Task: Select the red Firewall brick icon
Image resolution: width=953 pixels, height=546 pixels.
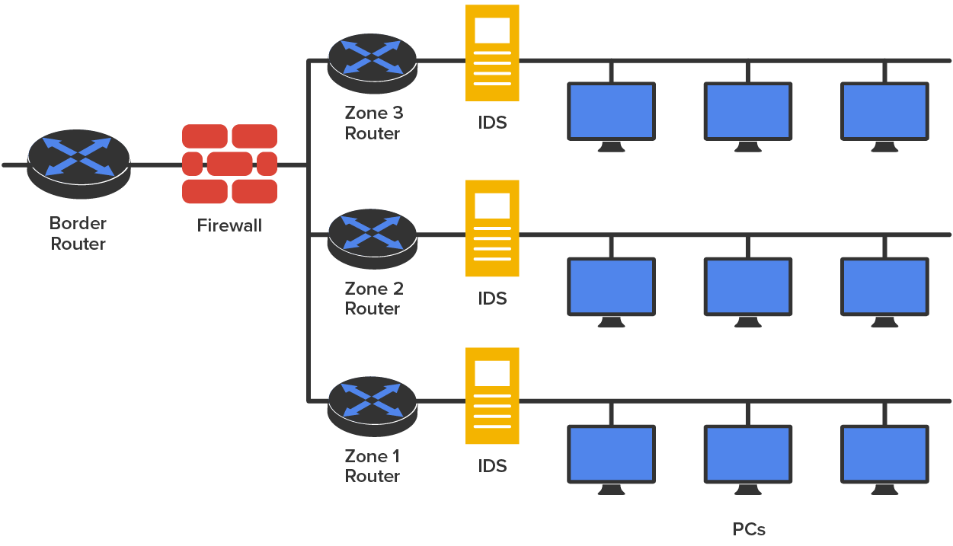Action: (x=229, y=164)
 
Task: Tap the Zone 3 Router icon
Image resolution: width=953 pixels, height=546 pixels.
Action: (x=372, y=61)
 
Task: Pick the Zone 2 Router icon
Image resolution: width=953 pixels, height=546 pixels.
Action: (x=372, y=235)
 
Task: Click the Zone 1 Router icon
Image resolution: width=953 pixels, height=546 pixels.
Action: (x=372, y=403)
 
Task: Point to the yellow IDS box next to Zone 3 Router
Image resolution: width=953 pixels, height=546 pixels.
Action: (x=492, y=53)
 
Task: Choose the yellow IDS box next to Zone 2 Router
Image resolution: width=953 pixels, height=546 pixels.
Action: (x=492, y=228)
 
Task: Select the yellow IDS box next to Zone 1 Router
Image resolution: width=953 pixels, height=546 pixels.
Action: (x=492, y=396)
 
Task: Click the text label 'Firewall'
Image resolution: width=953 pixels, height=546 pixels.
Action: (x=229, y=225)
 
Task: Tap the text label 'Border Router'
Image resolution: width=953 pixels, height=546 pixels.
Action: (x=78, y=233)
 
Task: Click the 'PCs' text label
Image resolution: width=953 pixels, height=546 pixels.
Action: (x=749, y=529)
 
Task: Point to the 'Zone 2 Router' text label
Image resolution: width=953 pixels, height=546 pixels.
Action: (x=373, y=299)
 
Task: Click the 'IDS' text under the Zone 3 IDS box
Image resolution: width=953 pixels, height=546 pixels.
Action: (x=492, y=123)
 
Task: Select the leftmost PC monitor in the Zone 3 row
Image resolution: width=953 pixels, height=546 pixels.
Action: (x=611, y=111)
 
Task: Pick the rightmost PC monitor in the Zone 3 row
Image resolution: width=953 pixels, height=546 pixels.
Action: (x=884, y=111)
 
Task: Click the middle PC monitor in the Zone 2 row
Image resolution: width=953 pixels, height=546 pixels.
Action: (x=747, y=286)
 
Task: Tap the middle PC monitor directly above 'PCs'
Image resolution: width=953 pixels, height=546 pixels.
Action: (x=747, y=454)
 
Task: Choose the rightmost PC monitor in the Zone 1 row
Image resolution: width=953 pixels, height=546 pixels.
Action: (x=884, y=454)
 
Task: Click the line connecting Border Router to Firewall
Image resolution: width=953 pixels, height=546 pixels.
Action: (x=155, y=164)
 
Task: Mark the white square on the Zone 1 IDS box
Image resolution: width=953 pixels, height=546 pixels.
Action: (x=492, y=373)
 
